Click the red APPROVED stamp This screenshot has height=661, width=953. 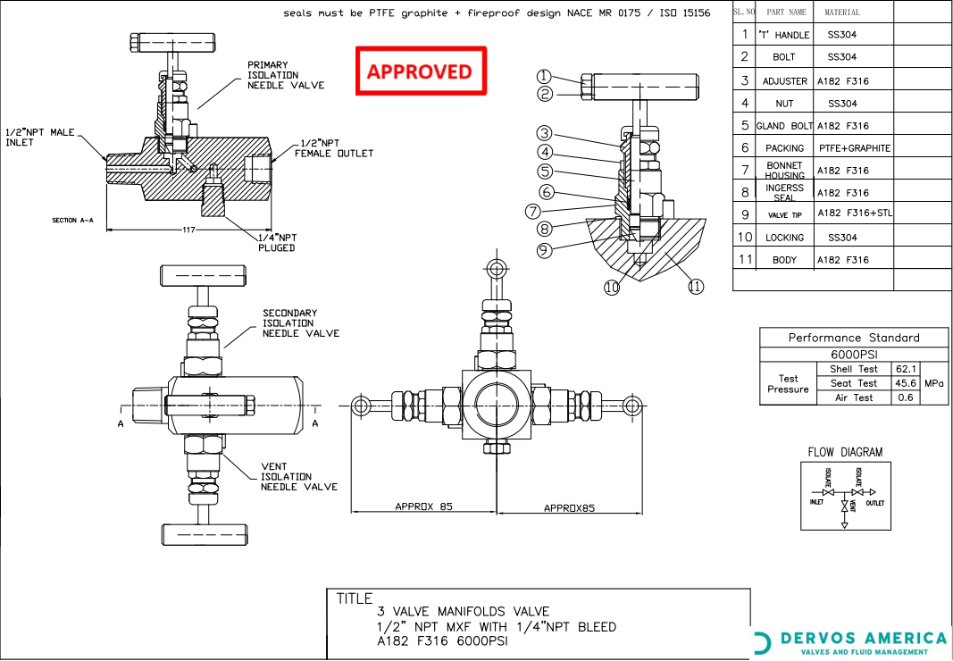[x=421, y=71]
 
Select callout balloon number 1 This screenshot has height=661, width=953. [x=545, y=77]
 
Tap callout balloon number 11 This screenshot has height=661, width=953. [x=695, y=287]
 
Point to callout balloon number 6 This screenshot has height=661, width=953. [x=546, y=192]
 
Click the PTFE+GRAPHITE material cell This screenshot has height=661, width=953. [x=854, y=148]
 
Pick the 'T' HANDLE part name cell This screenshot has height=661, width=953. [x=782, y=35]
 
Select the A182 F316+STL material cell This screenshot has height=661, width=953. [x=854, y=213]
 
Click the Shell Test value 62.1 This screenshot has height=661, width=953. [x=905, y=369]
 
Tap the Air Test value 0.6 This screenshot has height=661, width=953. [x=905, y=397]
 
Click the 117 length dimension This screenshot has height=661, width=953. [x=188, y=230]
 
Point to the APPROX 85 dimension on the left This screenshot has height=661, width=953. [x=423, y=506]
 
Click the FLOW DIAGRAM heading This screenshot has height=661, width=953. [x=845, y=453]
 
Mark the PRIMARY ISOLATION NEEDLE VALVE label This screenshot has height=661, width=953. [x=286, y=75]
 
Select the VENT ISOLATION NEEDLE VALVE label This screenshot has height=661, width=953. [x=298, y=477]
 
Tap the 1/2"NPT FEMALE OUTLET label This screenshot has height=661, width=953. [x=333, y=148]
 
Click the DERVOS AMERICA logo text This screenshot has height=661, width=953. [x=863, y=638]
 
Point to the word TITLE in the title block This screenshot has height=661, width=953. [x=355, y=598]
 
